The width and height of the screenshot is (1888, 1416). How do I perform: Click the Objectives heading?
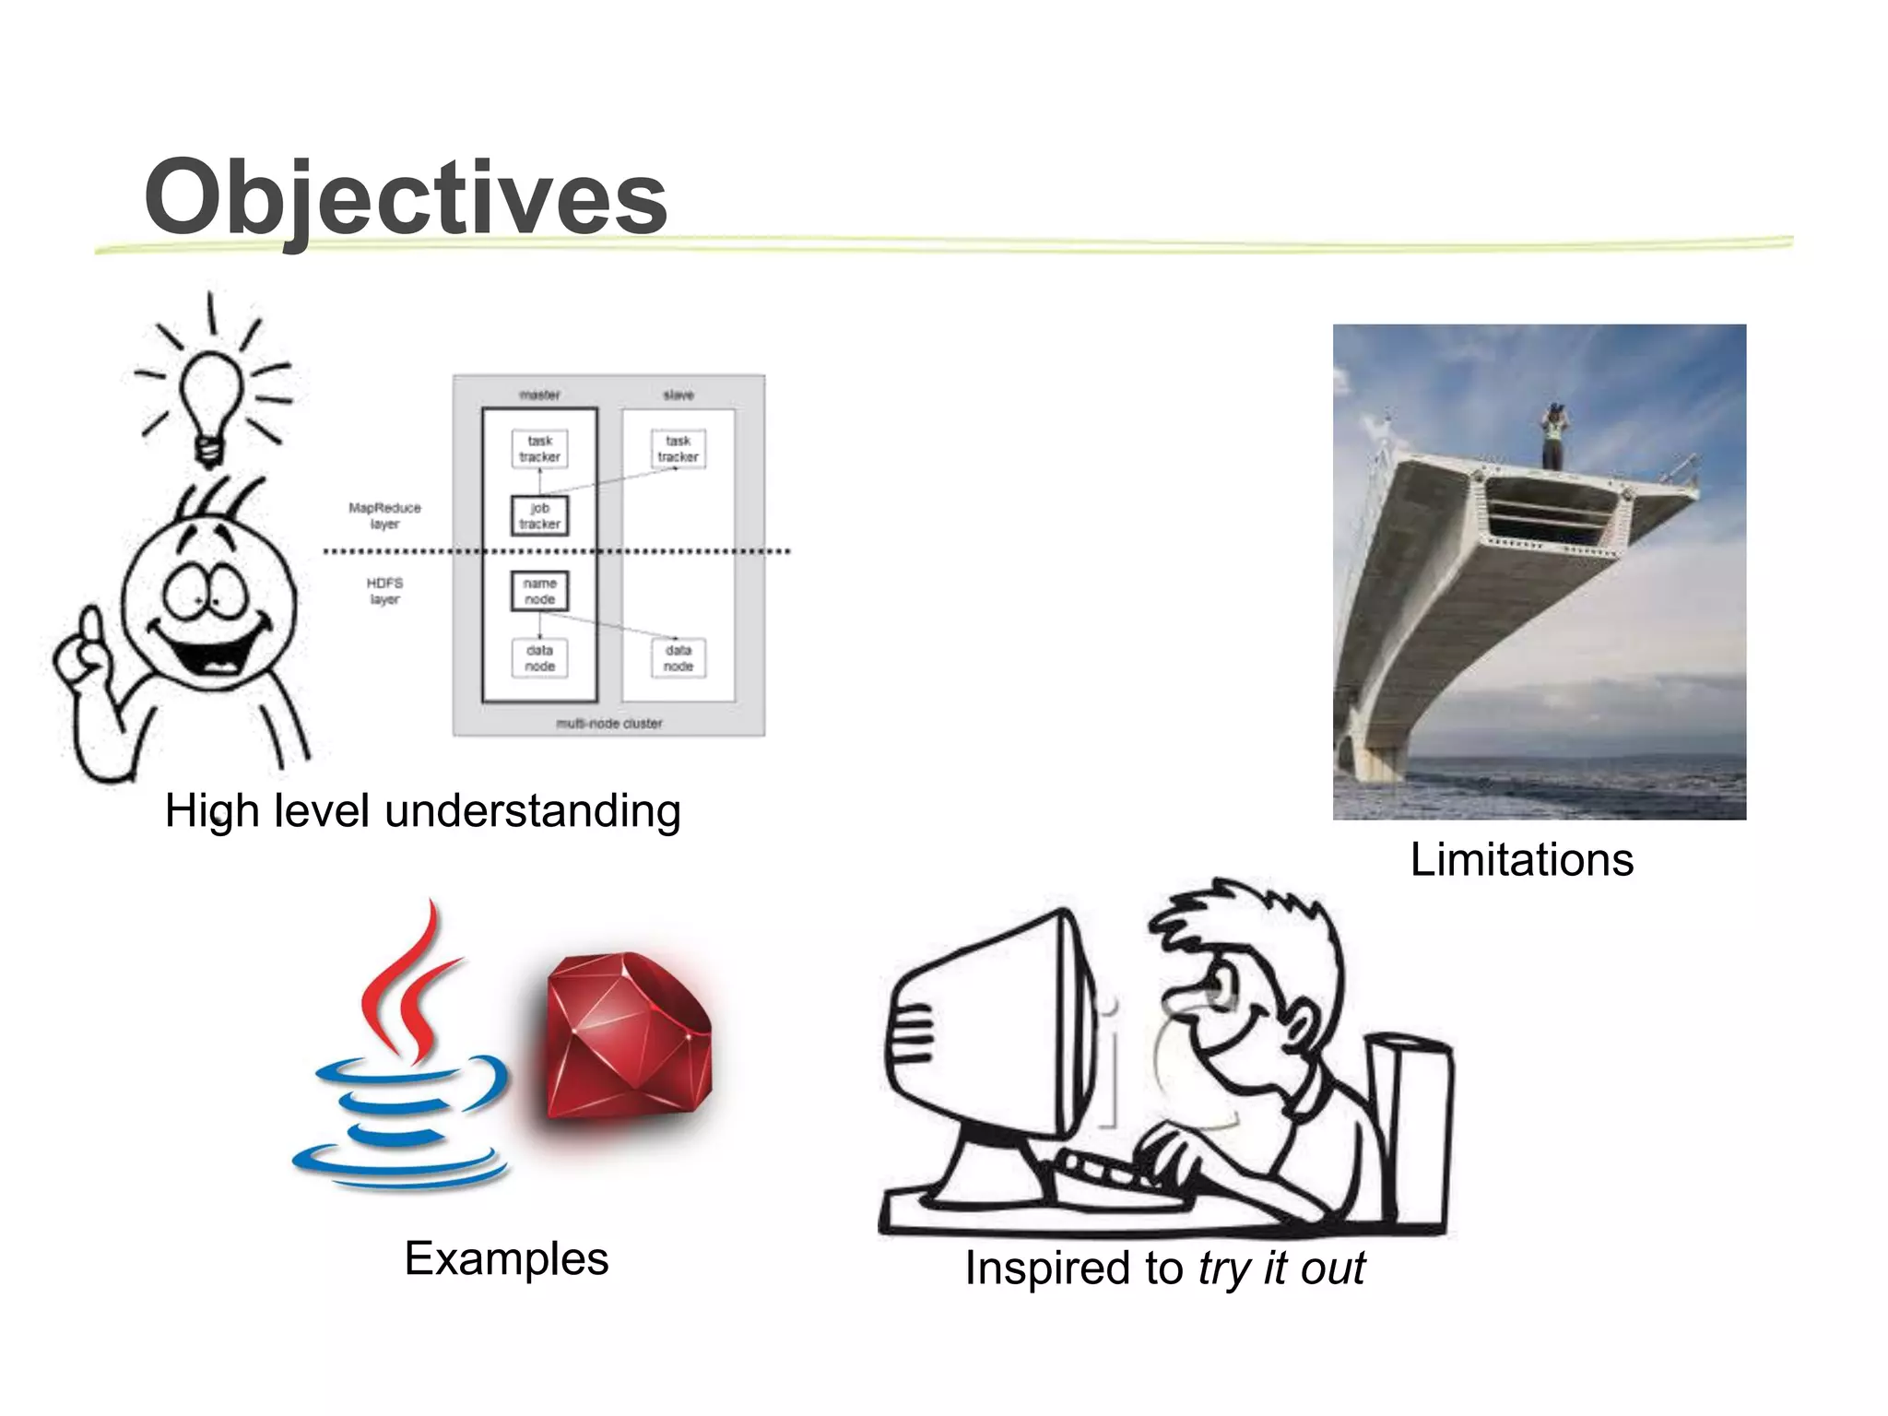[x=406, y=197]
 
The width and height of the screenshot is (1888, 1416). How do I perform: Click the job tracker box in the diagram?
[x=539, y=516]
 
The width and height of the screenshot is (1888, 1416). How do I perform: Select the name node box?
[x=539, y=591]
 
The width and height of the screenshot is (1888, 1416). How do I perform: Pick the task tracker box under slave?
[x=678, y=449]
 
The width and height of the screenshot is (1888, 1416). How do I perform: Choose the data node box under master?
[x=539, y=658]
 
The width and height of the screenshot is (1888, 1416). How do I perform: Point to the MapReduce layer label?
[x=384, y=515]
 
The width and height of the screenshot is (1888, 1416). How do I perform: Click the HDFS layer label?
[x=384, y=591]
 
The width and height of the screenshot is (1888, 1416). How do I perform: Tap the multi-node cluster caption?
[x=608, y=724]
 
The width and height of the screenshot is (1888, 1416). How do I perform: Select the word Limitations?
[x=1522, y=859]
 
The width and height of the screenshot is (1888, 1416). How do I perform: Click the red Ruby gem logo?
[x=627, y=1037]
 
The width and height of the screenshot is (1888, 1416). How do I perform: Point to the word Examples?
[x=506, y=1258]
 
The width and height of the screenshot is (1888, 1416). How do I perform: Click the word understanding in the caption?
[x=533, y=811]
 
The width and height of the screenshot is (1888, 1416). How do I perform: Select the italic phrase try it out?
[x=1281, y=1268]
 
